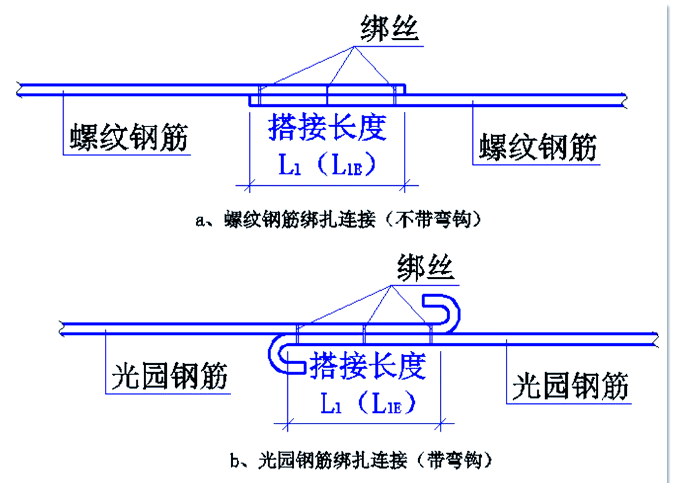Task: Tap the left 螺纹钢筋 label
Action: coord(129,137)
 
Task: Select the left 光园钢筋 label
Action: coord(169,376)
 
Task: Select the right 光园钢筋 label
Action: coord(570,385)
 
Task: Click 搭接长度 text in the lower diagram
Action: coord(367,365)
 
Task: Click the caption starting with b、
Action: coord(360,460)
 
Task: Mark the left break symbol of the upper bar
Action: coord(21,90)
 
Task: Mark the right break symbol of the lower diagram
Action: coord(656,339)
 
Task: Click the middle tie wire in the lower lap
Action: coord(364,334)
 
